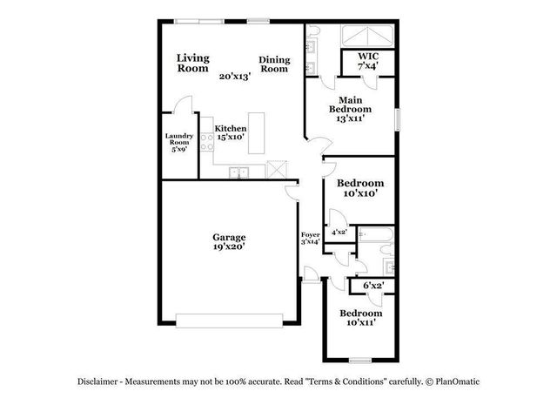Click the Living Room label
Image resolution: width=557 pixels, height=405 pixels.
(192, 63)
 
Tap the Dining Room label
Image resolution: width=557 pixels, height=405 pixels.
(274, 64)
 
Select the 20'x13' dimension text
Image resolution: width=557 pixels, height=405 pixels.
(235, 77)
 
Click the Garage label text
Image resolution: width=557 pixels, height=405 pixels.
(230, 236)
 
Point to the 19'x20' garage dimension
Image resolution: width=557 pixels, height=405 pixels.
(230, 246)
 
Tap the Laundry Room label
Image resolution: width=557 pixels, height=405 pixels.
(179, 142)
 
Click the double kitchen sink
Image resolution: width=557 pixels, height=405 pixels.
(239, 172)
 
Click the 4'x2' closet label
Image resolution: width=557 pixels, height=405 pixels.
(339, 233)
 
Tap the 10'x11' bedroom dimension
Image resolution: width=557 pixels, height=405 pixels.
(360, 323)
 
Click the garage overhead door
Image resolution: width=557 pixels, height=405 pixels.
(230, 317)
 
